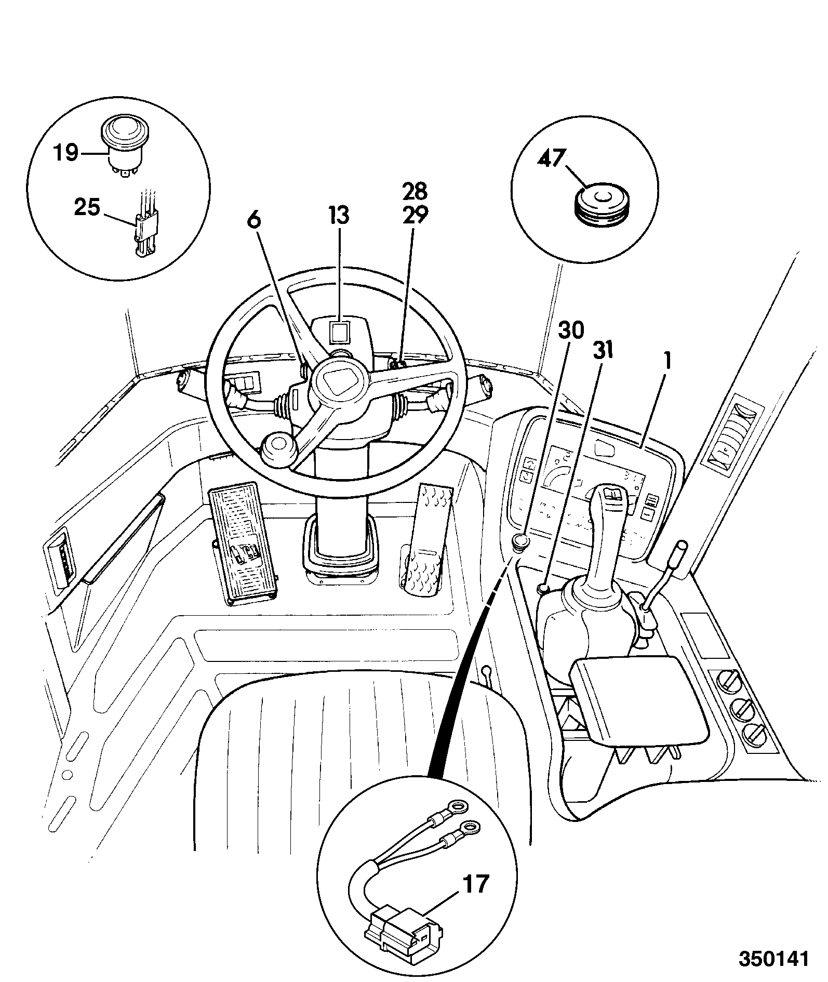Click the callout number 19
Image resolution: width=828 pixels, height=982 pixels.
(x=65, y=153)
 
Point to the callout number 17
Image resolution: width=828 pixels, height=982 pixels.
(x=475, y=883)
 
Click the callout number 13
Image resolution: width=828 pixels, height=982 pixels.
(x=339, y=216)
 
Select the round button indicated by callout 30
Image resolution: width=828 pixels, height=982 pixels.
(x=521, y=542)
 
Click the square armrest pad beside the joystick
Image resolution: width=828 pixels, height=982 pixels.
(x=639, y=702)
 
